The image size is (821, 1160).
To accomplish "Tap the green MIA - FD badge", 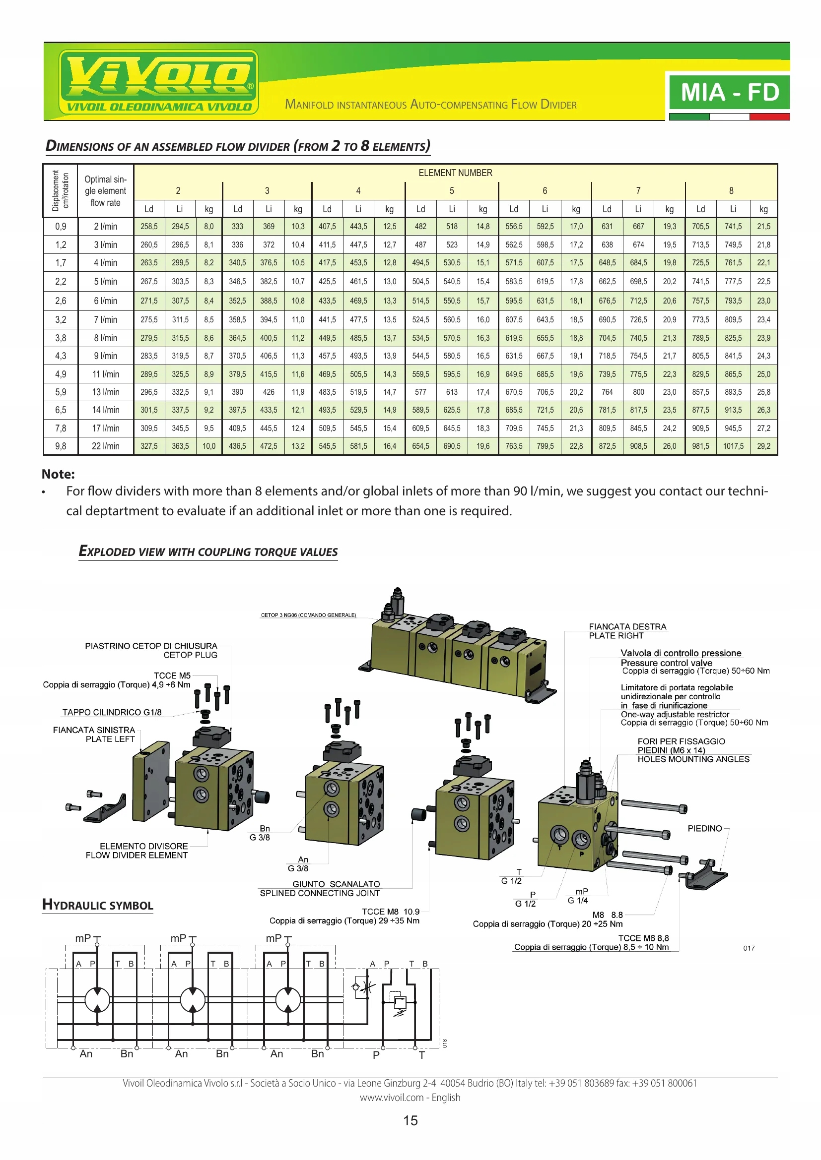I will pos(729,92).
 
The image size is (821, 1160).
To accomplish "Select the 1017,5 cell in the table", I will pos(733,446).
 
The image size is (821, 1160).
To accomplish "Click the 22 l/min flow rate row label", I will pos(106,446).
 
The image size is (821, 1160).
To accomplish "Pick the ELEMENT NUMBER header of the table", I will pos(455,173).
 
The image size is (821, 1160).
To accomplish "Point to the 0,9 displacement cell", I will pos(61,226).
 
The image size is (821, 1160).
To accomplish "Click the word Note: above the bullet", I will pos(58,474).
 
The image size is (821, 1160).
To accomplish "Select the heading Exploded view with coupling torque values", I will pos(208,551).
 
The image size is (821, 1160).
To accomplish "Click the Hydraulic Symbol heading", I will pos(98,905).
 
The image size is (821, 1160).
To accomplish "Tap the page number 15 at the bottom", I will pos(410,1121).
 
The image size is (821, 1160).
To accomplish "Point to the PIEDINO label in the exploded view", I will pos(704,828).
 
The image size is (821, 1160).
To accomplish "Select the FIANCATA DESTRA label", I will pos(627,626).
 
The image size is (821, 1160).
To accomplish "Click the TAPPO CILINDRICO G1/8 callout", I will pos(112,712).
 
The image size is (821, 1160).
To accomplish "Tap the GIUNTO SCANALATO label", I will pos(336,884).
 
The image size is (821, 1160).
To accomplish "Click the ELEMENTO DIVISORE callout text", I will pos(143,846).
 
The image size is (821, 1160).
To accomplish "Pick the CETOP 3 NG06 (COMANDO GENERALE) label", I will pos(308,615).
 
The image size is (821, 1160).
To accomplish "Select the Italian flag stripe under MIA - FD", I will pos(729,117).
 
